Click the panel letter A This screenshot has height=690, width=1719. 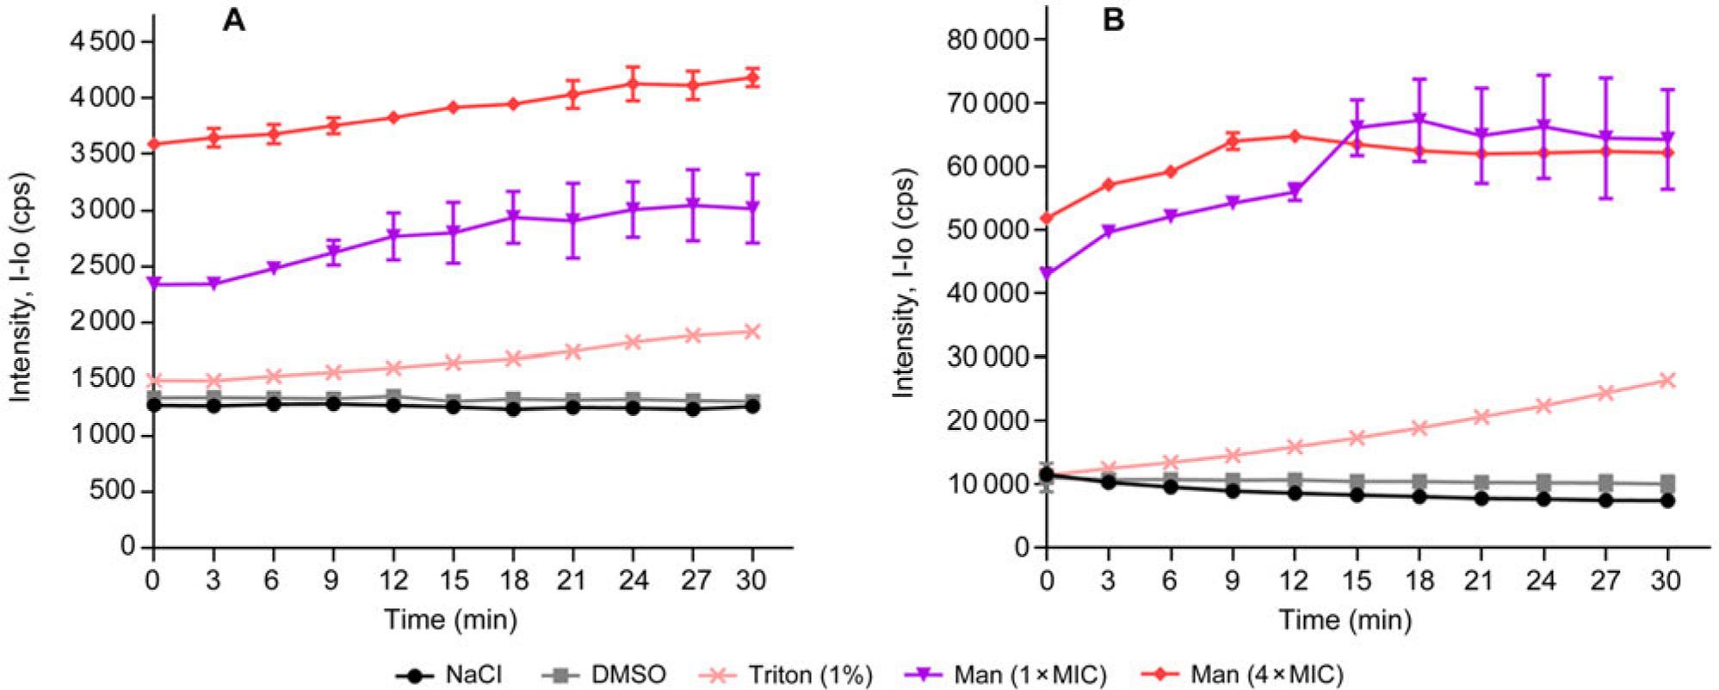click(x=234, y=20)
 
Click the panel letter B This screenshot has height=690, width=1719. click(x=1113, y=20)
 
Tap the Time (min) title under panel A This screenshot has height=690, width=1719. click(x=450, y=619)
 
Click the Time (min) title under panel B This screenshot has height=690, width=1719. click(x=1345, y=619)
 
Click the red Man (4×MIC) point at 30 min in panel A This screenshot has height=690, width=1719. click(x=752, y=78)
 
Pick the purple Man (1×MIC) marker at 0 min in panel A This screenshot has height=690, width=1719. click(x=154, y=283)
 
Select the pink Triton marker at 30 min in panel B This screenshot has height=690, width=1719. click(x=1667, y=380)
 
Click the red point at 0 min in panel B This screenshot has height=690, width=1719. click(x=1047, y=218)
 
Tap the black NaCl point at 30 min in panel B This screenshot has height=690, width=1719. click(x=1667, y=500)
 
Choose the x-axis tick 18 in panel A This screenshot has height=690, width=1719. click(x=513, y=581)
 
